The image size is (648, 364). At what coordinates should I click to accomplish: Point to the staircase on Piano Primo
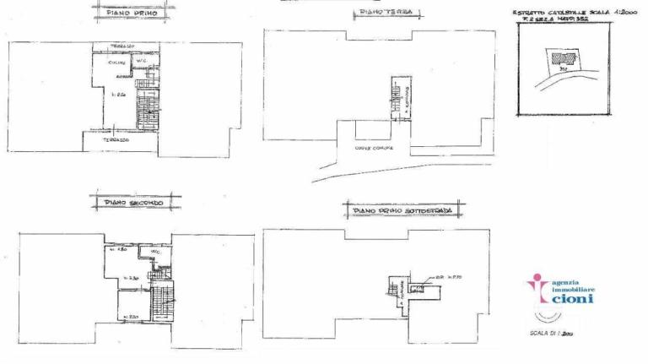pos(148,110)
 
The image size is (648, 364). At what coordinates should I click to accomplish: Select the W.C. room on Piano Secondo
pos(156,253)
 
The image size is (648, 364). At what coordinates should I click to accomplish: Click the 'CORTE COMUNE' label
pos(370,148)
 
